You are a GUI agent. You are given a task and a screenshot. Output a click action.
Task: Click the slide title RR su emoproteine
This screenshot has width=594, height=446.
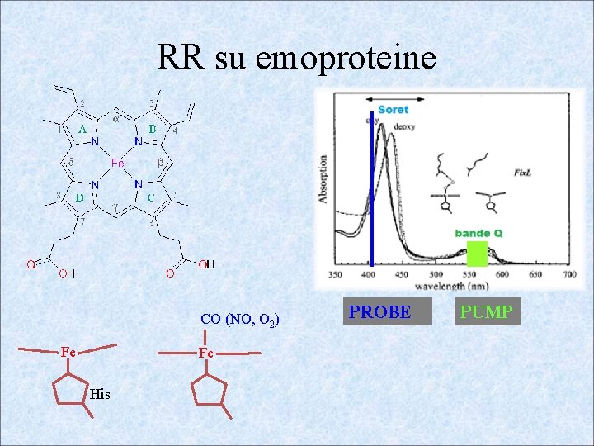pyautogui.click(x=296, y=58)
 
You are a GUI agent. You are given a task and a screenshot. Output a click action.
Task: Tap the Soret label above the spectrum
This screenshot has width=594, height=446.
pyautogui.click(x=393, y=109)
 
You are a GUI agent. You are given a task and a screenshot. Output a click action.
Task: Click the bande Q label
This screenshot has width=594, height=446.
pyautogui.click(x=478, y=233)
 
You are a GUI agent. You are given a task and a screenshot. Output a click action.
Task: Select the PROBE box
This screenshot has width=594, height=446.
pyautogui.click(x=379, y=312)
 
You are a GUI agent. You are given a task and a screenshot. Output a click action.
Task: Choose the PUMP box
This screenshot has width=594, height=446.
pyautogui.click(x=487, y=312)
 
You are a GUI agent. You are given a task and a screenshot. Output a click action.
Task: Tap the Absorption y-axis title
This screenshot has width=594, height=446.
pyautogui.click(x=323, y=179)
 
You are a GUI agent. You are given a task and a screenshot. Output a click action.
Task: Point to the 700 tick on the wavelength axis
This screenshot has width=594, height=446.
pyautogui.click(x=569, y=274)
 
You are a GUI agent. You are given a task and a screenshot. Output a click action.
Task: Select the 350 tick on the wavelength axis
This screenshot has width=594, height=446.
pyautogui.click(x=336, y=274)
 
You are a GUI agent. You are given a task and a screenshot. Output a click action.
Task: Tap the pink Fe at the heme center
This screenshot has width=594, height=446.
pyautogui.click(x=118, y=164)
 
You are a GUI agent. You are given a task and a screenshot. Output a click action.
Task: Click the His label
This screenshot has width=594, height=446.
pyautogui.click(x=100, y=395)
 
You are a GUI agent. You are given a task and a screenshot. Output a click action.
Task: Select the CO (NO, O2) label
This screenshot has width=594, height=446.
pyautogui.click(x=240, y=319)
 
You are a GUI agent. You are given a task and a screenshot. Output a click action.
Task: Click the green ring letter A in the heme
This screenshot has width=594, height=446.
pyautogui.click(x=82, y=130)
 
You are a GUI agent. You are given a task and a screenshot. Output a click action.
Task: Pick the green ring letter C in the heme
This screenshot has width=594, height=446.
pyautogui.click(x=151, y=197)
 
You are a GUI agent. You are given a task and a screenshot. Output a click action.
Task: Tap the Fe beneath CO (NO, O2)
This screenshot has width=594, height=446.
pyautogui.click(x=206, y=353)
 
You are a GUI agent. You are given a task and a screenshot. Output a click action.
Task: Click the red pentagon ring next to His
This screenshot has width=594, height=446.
pyautogui.click(x=71, y=389)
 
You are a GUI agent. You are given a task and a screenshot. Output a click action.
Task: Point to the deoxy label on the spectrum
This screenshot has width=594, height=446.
pyautogui.click(x=404, y=126)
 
